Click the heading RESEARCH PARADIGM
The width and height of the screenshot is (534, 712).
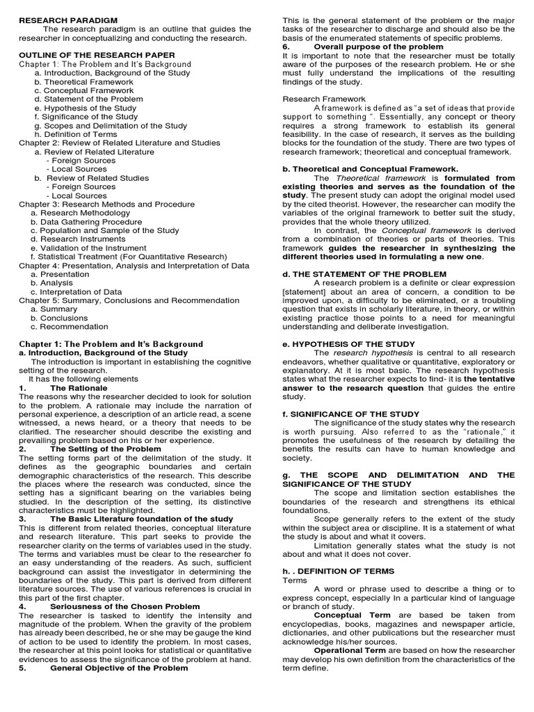tap(62, 20)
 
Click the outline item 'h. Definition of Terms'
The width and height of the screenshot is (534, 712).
tap(75, 133)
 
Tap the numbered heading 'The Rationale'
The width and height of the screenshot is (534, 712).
tap(79, 387)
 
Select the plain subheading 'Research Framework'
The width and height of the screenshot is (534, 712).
tap(323, 99)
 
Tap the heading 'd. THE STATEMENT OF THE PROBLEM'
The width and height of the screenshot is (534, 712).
tap(364, 274)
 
